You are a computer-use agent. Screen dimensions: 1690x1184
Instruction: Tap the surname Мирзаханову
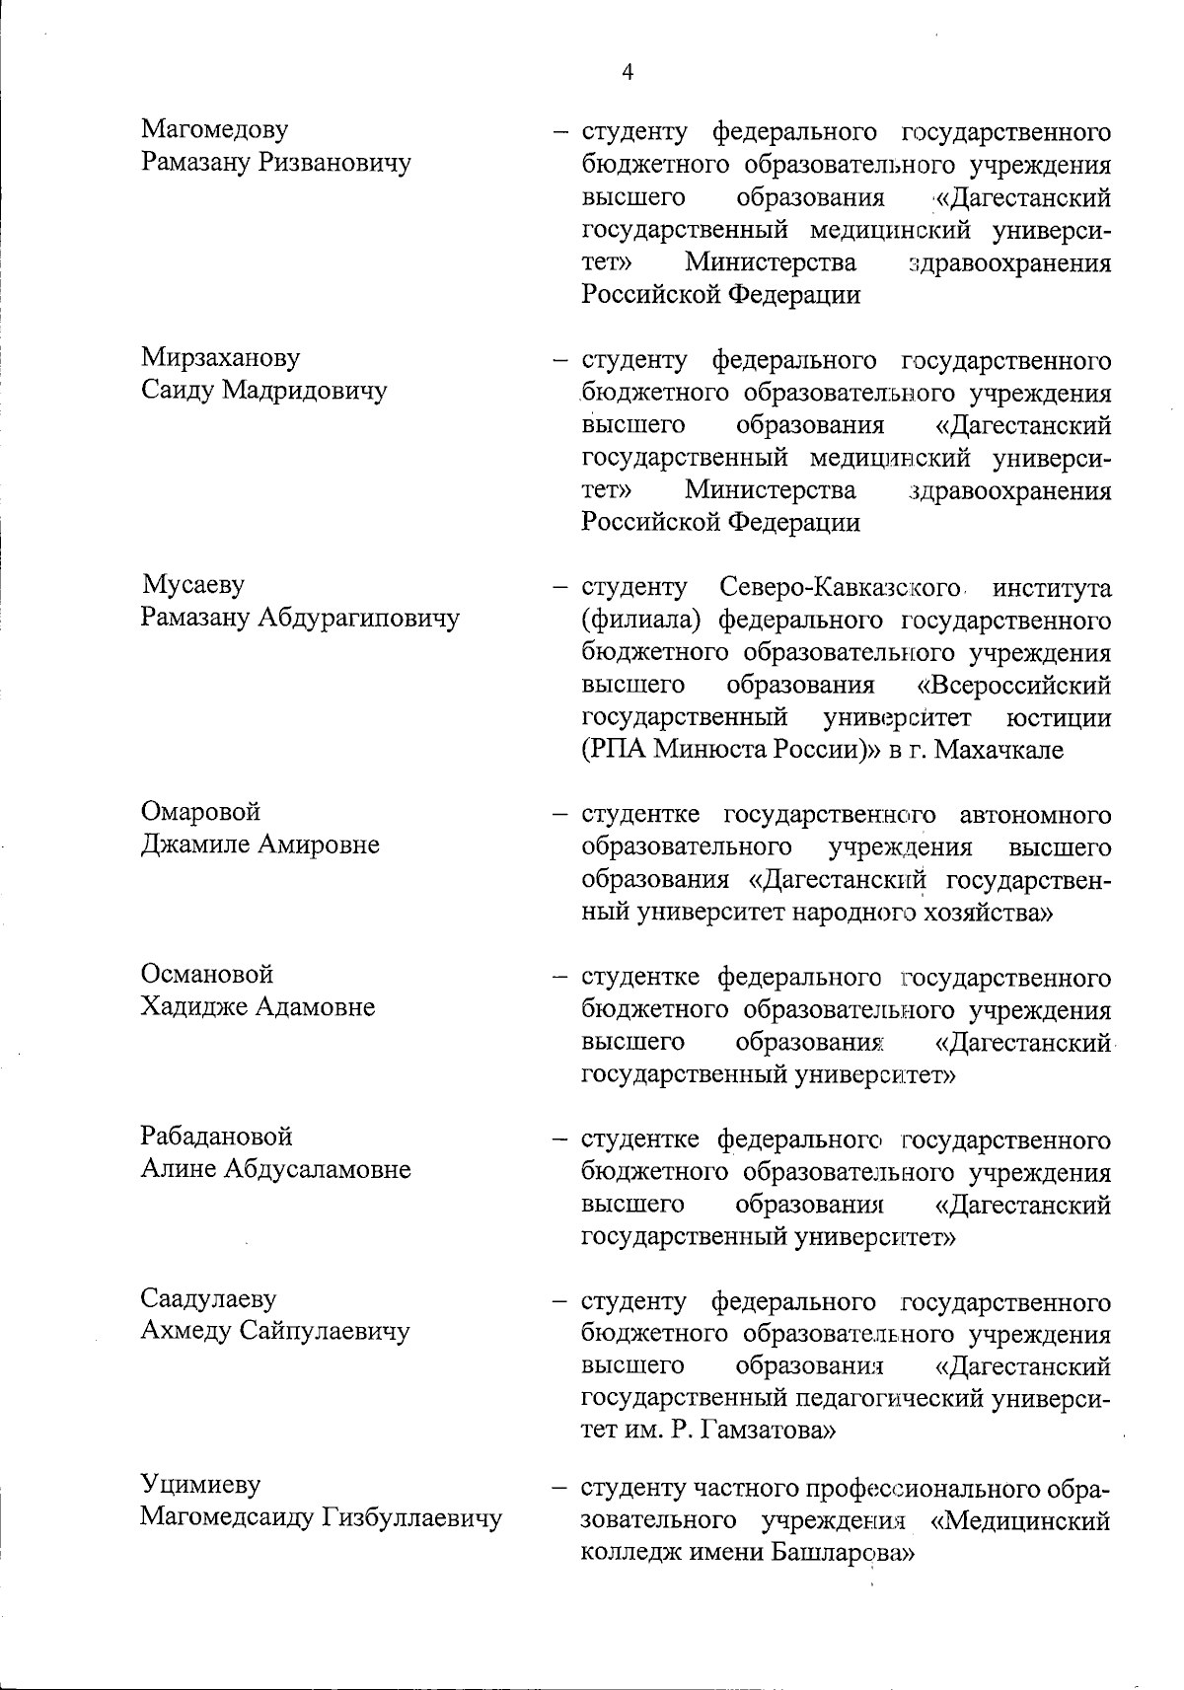(221, 357)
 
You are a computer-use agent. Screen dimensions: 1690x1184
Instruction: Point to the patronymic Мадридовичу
(304, 391)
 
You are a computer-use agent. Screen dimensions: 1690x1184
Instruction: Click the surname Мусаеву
(193, 585)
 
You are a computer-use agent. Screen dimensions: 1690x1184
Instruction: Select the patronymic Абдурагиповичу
(359, 619)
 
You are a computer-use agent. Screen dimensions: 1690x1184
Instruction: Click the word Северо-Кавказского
(840, 588)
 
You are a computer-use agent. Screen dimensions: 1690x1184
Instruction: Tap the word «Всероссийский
(1013, 685)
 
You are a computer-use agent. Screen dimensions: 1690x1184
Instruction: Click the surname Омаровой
(200, 812)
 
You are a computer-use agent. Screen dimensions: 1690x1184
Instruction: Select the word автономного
(1034, 815)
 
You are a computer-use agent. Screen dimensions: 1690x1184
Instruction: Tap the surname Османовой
(207, 975)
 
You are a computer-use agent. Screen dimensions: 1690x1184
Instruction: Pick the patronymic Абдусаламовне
(317, 1170)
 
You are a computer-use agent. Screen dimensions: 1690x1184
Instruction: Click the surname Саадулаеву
(208, 1299)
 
